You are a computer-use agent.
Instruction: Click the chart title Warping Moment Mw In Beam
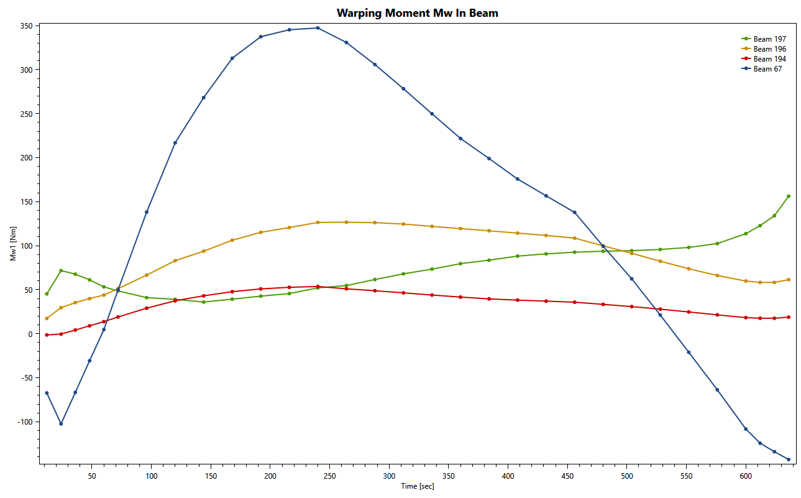(417, 12)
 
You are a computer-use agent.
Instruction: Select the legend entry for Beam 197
(769, 39)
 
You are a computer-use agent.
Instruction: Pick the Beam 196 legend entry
(769, 49)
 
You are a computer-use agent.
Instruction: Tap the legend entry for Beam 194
(769, 59)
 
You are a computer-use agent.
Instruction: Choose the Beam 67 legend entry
(767, 69)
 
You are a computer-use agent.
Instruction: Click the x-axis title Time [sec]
(418, 486)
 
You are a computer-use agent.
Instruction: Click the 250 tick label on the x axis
(329, 476)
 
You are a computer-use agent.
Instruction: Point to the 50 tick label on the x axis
(91, 476)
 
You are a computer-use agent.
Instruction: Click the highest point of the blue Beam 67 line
(318, 28)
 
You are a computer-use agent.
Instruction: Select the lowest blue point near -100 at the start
(61, 424)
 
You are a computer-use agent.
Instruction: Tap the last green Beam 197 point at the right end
(789, 196)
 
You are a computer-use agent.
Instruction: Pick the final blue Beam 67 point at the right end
(789, 459)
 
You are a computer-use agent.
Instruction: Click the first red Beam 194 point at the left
(47, 335)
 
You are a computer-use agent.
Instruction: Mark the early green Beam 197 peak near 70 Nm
(61, 270)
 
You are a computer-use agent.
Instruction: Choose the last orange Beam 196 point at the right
(789, 280)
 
